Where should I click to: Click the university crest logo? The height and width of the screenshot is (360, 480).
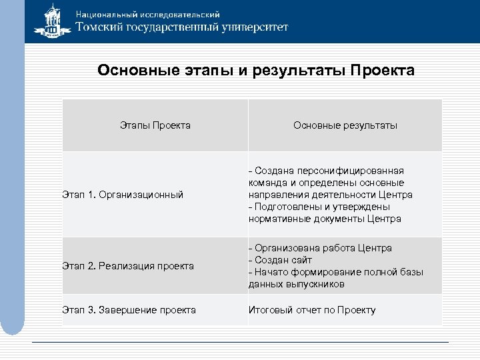tap(53, 23)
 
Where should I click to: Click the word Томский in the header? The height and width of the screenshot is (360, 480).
tap(101, 28)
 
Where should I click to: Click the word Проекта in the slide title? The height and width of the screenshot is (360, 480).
tap(382, 71)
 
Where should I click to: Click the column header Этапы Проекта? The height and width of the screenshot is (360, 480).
tap(155, 125)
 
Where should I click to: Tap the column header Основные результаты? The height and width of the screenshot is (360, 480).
tap(345, 125)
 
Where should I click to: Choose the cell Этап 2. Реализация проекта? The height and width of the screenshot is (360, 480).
tap(127, 266)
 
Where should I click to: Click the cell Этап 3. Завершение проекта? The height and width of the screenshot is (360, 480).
tap(129, 310)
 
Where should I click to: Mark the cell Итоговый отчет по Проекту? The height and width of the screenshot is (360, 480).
tap(312, 310)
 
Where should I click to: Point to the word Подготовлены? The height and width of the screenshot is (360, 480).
tap(284, 207)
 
